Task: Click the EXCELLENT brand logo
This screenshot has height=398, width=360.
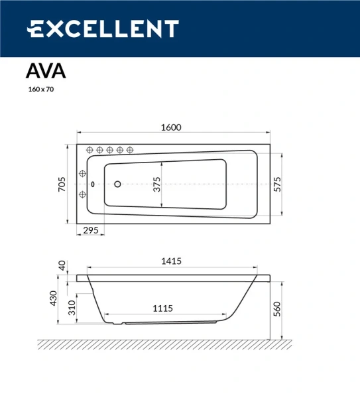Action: tap(103, 29)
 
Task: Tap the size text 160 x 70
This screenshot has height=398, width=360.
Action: tap(40, 90)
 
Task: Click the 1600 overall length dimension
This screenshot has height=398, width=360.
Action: tap(172, 128)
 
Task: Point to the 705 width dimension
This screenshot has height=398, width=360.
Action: tap(61, 183)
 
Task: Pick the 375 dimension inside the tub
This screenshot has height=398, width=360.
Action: tap(157, 184)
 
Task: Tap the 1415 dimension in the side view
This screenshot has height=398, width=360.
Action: tap(171, 261)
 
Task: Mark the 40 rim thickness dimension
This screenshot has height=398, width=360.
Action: tap(62, 265)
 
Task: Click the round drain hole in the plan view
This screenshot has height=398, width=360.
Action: tap(117, 184)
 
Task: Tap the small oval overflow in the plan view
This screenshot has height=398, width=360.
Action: tap(93, 184)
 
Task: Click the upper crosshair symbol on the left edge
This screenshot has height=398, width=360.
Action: tap(83, 174)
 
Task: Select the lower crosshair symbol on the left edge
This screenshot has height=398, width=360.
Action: tap(83, 194)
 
